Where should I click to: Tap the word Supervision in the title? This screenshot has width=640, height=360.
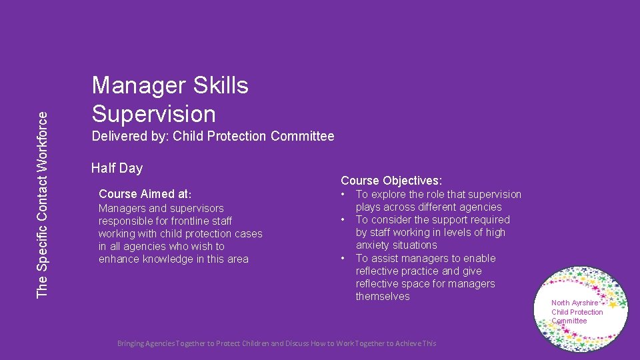click(x=154, y=113)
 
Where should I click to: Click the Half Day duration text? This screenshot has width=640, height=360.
click(x=117, y=168)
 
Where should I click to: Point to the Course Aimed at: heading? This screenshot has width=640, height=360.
click(x=145, y=195)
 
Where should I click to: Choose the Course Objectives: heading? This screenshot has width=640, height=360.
click(x=391, y=181)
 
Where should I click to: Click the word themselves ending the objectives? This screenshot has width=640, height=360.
click(x=383, y=297)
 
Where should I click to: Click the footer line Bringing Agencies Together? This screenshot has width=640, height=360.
click(x=277, y=343)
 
